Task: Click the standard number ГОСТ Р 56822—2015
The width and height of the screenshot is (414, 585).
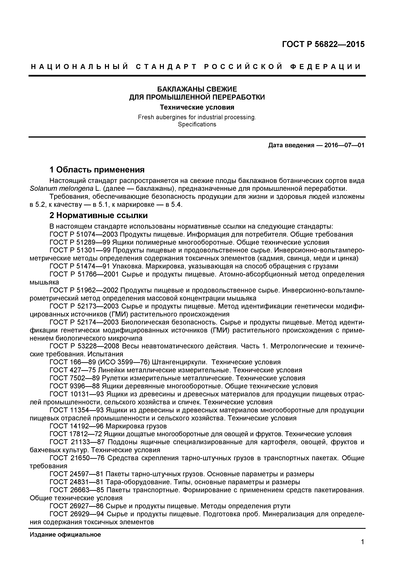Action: tap(323, 44)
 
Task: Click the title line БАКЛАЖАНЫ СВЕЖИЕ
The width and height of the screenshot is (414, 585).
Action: tap(197, 89)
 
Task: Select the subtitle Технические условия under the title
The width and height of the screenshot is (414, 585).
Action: tap(197, 107)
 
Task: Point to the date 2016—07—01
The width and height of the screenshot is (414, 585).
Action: tap(344, 145)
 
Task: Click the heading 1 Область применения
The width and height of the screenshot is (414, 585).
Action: tap(97, 170)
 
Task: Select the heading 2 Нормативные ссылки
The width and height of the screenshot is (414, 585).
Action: tap(98, 216)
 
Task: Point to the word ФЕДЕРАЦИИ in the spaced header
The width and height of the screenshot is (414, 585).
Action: tap(326, 67)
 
